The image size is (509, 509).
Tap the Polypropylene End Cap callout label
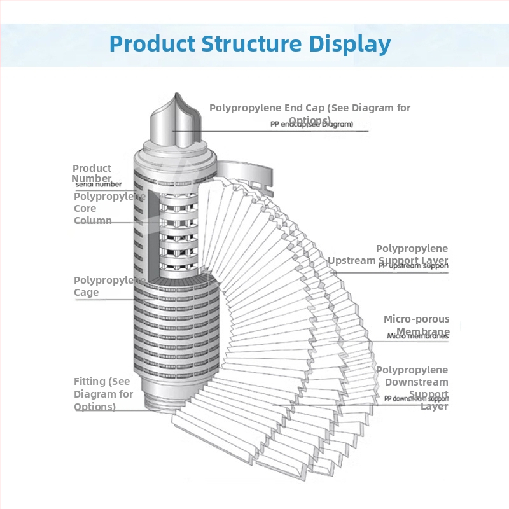[x=310, y=113]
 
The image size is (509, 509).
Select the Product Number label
[x=92, y=173]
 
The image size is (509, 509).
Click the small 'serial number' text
[x=98, y=184]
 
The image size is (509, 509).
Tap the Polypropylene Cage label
[x=105, y=286]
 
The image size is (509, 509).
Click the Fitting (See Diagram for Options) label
[x=104, y=394]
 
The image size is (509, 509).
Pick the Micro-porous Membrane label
[x=417, y=324]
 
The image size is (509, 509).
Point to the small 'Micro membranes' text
[x=417, y=336]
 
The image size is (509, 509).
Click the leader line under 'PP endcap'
[x=280, y=132]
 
